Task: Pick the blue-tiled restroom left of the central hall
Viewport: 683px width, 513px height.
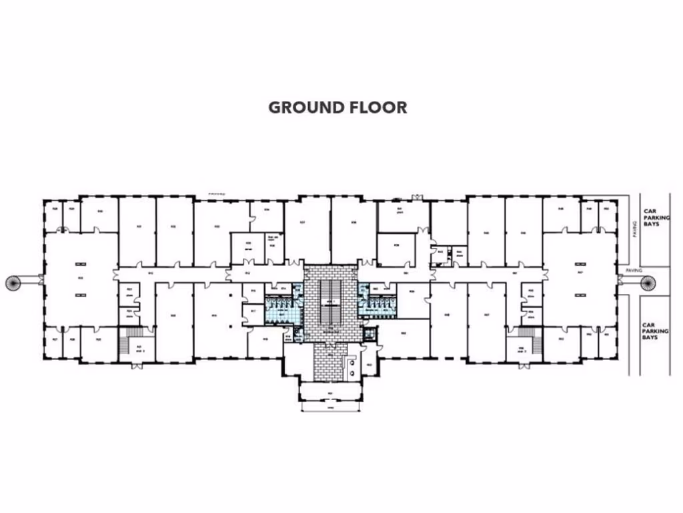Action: pos(281,308)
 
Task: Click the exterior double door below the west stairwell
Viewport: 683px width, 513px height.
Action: pos(136,365)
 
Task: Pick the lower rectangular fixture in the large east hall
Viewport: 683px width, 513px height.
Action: pos(579,295)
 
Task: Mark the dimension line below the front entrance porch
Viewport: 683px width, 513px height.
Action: pos(330,407)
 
